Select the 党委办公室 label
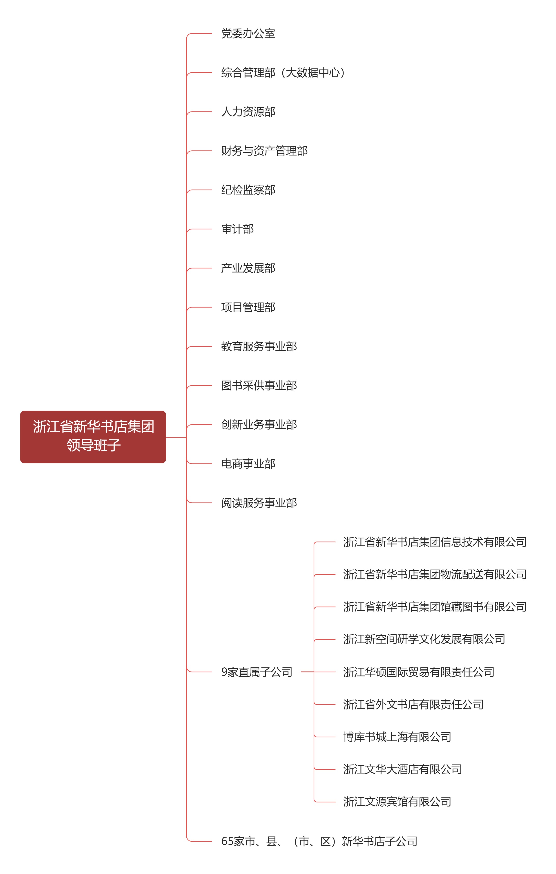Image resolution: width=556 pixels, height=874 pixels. [248, 34]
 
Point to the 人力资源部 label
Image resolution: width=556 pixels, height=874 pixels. [248, 112]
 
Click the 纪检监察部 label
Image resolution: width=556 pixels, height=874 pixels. [248, 190]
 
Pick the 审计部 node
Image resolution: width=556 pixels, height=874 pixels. [238, 229]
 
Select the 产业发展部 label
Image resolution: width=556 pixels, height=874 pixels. [248, 268]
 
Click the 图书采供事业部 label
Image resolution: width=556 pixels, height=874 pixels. [259, 386]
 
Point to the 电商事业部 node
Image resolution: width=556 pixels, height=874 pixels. [248, 464]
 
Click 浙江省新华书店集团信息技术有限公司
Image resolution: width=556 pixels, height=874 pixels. [435, 542]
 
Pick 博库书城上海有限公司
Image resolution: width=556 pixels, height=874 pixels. [397, 737]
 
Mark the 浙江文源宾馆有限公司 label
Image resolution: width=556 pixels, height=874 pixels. [397, 802]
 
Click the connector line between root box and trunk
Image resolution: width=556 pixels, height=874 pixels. [176, 437]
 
